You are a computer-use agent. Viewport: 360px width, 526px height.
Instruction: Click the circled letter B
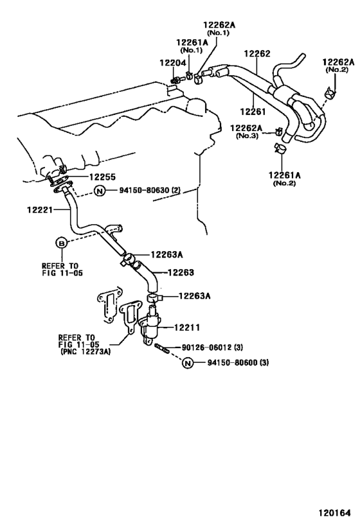click(62, 242)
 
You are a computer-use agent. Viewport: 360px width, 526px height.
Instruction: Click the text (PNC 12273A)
click(85, 352)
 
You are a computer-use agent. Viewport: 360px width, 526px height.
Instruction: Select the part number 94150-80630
click(145, 191)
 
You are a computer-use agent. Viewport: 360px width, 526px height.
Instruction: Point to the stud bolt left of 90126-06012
click(161, 349)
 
